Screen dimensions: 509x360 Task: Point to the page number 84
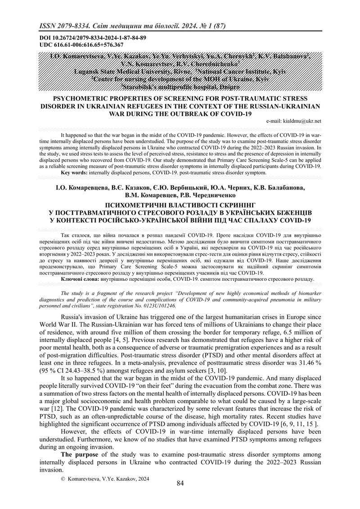(180, 483)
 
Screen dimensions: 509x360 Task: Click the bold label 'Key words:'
(74, 172)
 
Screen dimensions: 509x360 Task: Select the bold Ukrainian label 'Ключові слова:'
(80, 279)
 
